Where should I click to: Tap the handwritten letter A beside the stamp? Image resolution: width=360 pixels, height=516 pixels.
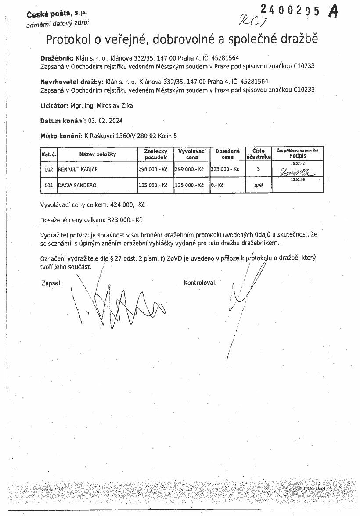[333, 11]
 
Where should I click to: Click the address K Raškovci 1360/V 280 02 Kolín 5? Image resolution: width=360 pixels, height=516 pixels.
[130, 136]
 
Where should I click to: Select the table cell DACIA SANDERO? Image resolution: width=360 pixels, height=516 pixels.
[77, 186]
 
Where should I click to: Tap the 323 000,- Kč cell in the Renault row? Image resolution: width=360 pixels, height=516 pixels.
[225, 169]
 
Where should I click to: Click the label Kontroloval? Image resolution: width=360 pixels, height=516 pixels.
[200, 283]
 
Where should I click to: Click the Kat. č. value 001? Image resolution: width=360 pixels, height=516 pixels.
[49, 186]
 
